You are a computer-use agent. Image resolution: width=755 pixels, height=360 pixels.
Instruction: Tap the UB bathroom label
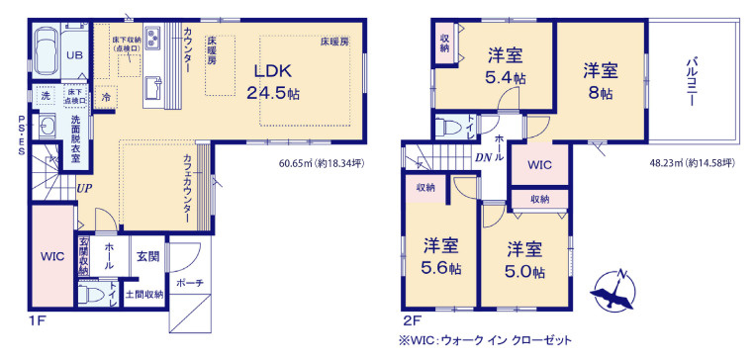click(x=74, y=55)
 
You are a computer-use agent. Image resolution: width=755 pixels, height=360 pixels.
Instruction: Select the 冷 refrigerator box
click(x=107, y=99)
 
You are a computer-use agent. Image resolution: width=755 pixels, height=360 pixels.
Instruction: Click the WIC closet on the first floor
click(x=51, y=256)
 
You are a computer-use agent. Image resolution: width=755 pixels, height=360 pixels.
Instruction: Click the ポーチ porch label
click(x=190, y=284)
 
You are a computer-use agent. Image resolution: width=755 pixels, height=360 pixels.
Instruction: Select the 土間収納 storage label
click(x=144, y=295)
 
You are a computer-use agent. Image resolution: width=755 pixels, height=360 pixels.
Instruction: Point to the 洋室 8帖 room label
click(x=600, y=80)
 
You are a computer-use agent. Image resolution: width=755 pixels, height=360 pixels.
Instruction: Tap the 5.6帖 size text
click(x=441, y=268)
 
